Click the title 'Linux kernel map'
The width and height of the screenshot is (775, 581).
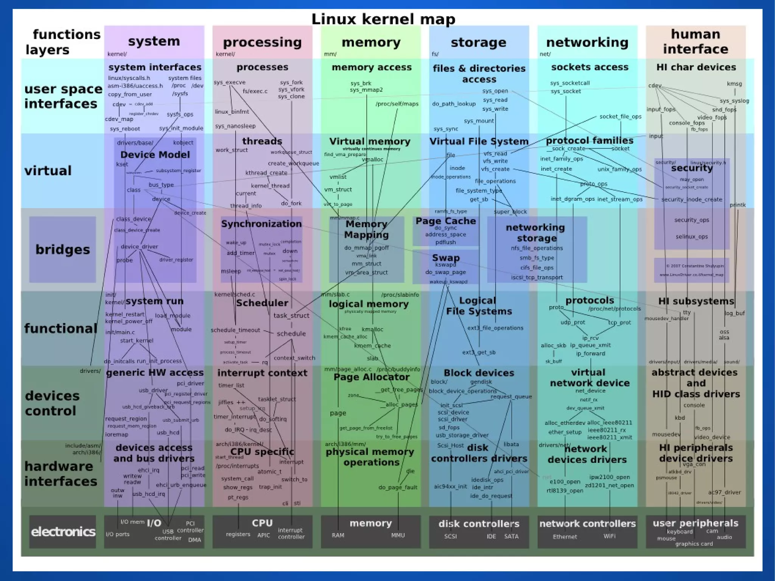[383, 19]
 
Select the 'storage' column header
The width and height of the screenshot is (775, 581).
[478, 42]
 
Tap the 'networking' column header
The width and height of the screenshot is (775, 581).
[587, 42]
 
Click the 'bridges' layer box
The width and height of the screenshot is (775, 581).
[62, 249]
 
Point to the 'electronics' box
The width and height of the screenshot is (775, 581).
[63, 532]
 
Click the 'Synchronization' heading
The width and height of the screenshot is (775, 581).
[261, 224]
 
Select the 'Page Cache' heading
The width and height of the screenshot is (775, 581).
[445, 221]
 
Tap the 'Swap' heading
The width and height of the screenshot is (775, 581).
[446, 258]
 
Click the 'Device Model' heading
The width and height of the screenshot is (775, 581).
[155, 155]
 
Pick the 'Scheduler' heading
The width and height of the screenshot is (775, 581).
[262, 303]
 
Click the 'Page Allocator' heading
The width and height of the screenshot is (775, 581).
[371, 377]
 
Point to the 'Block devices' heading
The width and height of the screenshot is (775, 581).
[479, 373]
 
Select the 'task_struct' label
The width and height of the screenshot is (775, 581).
[291, 316]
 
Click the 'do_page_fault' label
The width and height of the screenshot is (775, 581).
[398, 488]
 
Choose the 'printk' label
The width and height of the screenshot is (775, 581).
[738, 205]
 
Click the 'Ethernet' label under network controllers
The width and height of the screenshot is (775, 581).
[565, 537]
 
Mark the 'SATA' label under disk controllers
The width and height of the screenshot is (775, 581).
[511, 536]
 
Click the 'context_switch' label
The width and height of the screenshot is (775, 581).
[294, 358]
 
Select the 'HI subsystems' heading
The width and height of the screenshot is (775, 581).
[696, 301]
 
